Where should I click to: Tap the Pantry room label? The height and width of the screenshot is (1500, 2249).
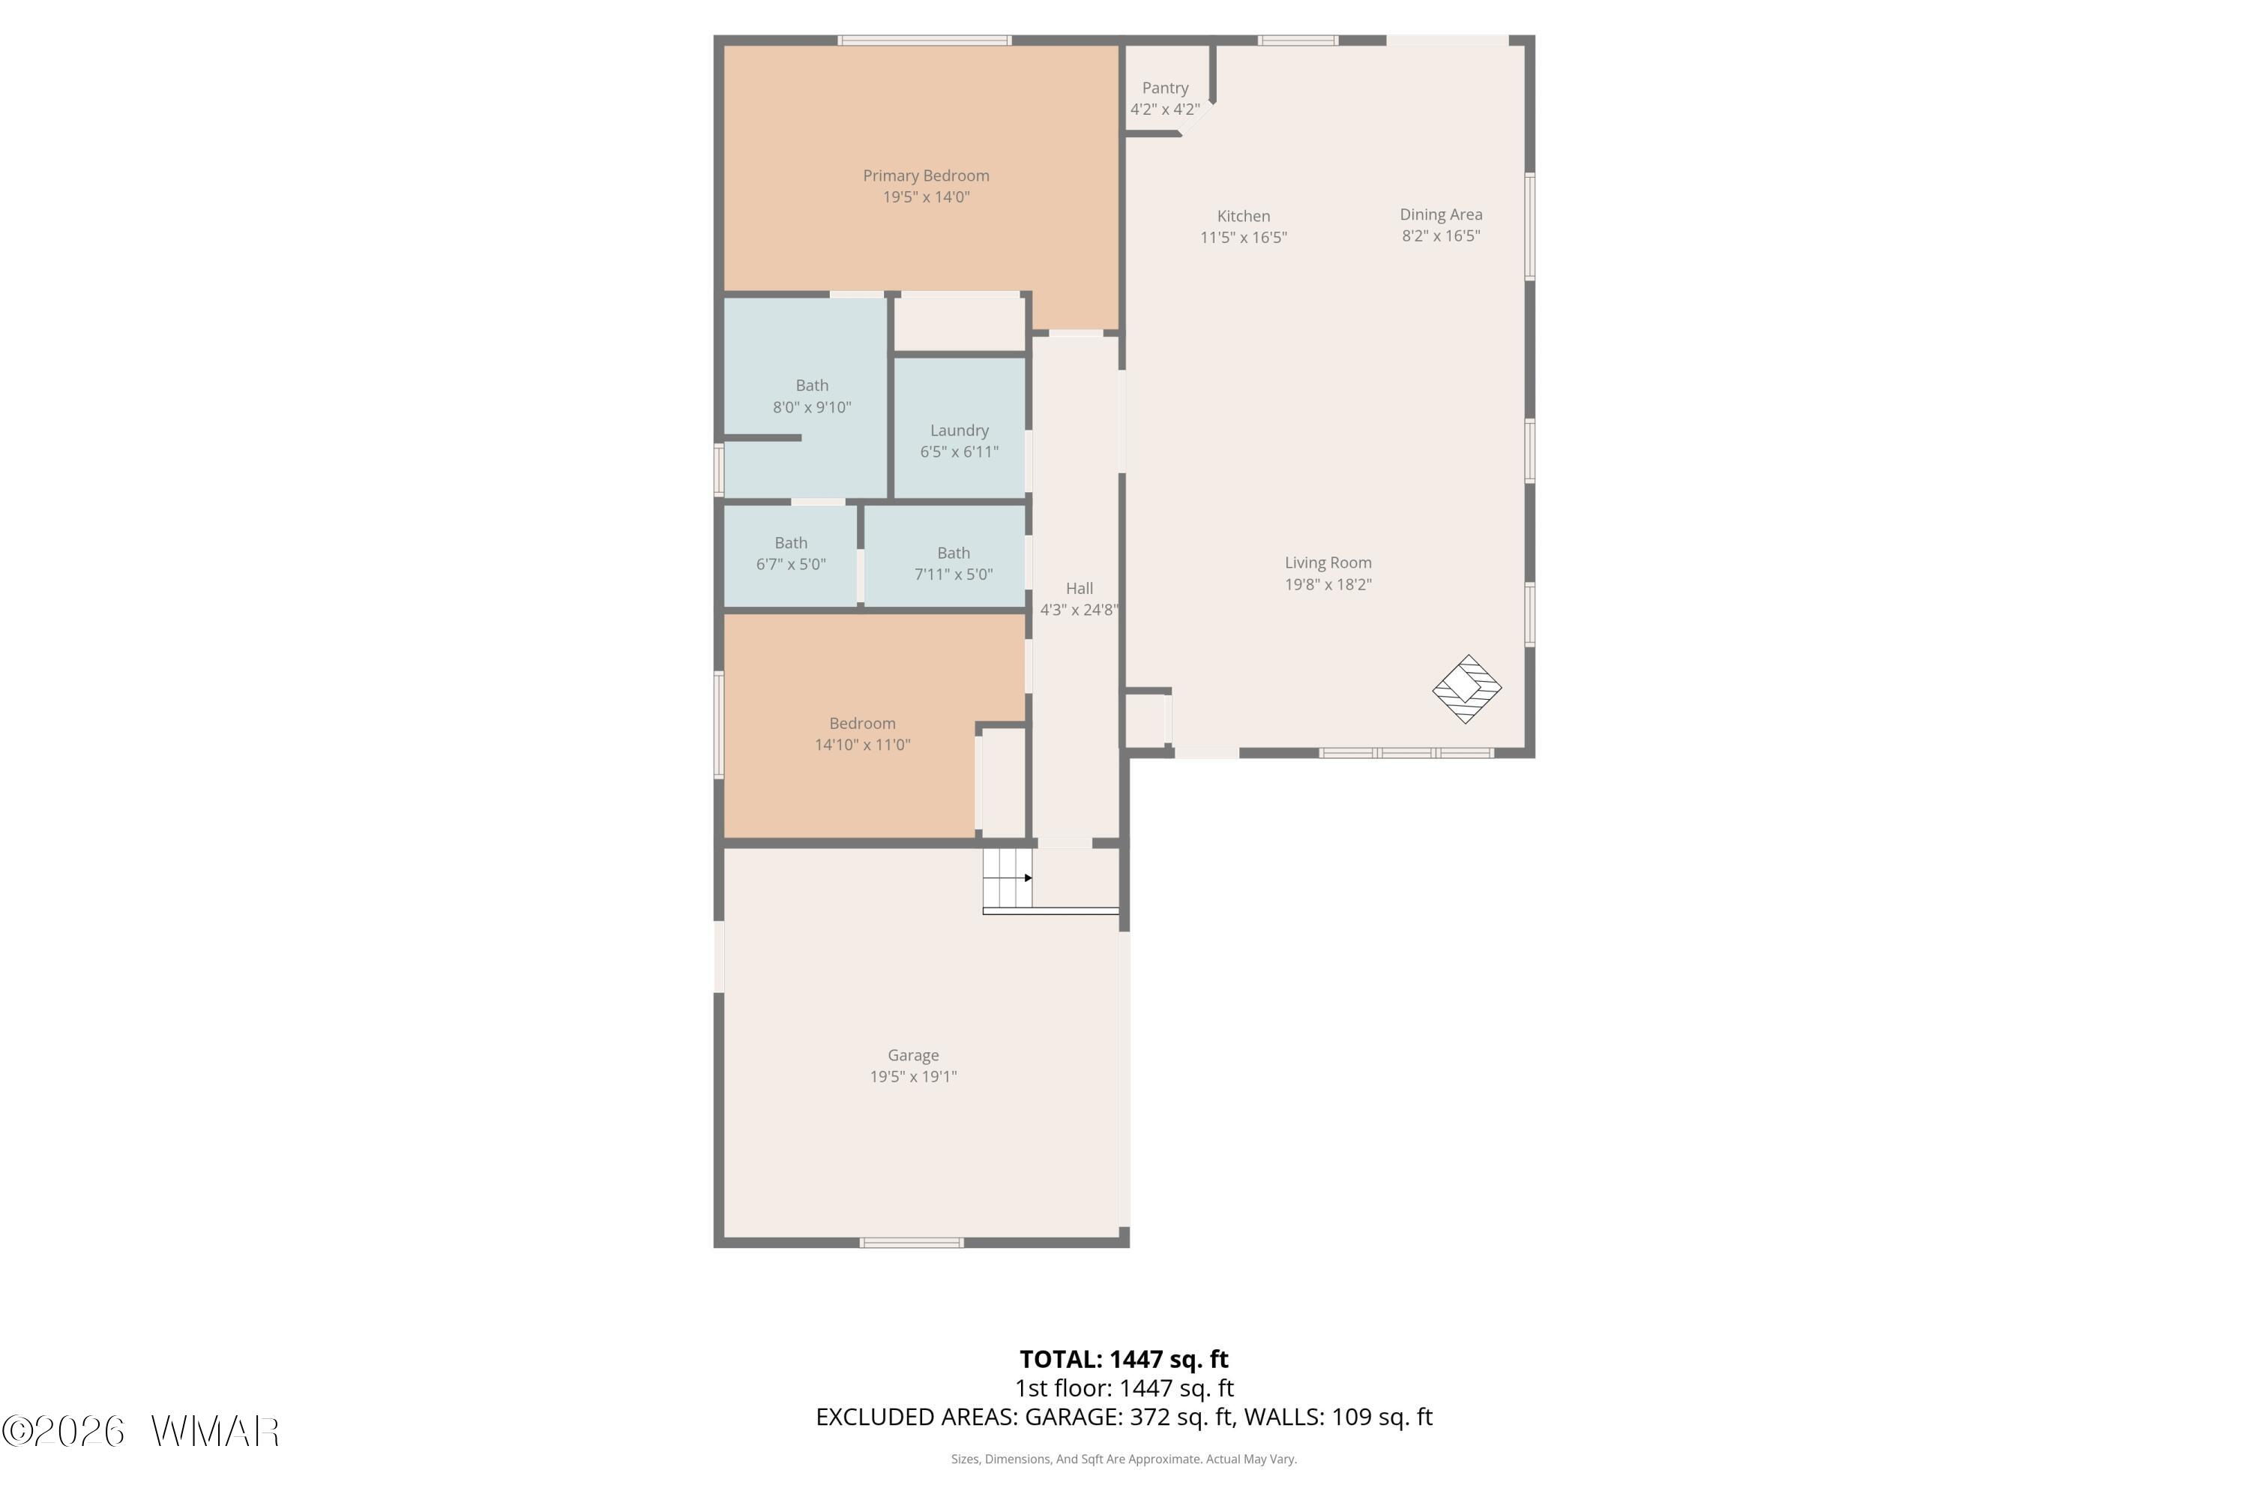[x=1165, y=88]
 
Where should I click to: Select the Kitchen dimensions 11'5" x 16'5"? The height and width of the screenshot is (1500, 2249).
[x=1243, y=237]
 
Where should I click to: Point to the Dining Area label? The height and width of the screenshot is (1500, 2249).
[x=1441, y=215]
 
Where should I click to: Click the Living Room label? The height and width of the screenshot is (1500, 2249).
[x=1327, y=563]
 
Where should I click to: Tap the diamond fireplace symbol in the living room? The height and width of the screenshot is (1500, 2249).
[x=1467, y=688]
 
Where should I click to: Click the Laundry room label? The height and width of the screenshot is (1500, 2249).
[x=959, y=431]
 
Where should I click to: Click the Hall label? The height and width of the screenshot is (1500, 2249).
[x=1079, y=588]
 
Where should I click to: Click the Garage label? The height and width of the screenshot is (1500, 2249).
[x=913, y=1055]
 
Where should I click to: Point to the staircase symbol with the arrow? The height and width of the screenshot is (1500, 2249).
[x=1008, y=878]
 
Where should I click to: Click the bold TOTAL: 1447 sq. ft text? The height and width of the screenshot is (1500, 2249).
[x=1124, y=1359]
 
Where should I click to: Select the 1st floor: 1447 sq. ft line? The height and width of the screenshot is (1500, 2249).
[x=1124, y=1388]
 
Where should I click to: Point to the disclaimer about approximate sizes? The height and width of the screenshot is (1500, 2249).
[x=1124, y=1459]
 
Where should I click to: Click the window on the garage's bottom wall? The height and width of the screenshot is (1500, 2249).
[x=912, y=1243]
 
